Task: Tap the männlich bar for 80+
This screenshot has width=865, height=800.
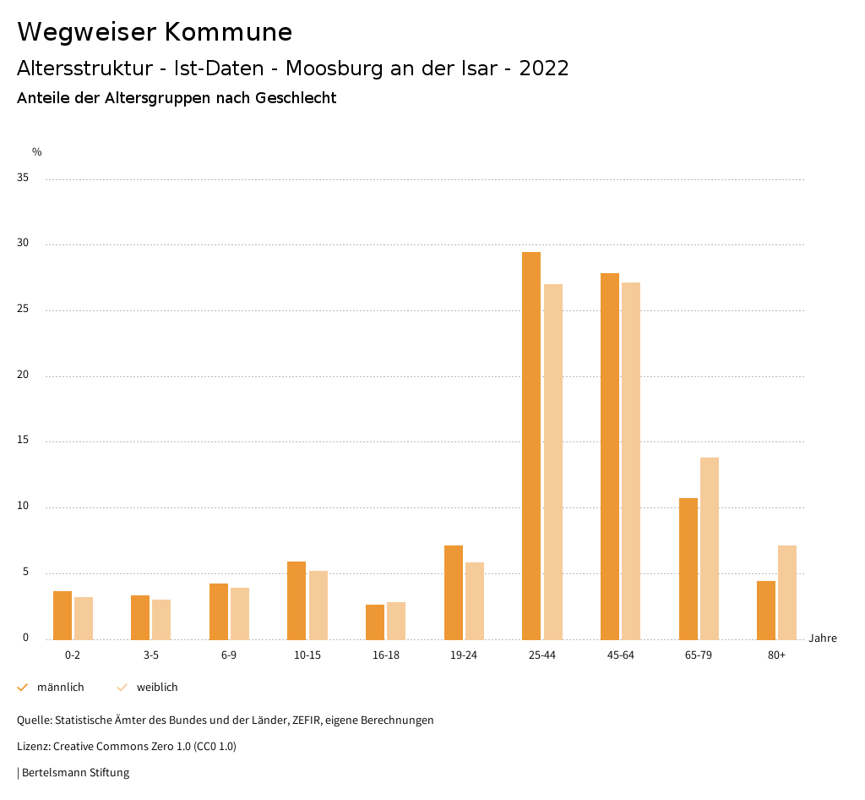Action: pos(766,610)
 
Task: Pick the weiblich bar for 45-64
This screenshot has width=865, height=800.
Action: pos(631,461)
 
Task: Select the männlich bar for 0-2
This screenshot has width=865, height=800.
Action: pos(63,615)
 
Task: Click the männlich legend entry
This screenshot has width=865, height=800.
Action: pos(60,688)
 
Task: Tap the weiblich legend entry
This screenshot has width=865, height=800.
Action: pos(157,688)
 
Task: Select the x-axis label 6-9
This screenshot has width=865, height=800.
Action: pos(229,655)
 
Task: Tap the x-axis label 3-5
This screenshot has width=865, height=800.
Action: pos(151,655)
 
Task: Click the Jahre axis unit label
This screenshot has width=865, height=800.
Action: pos(823,638)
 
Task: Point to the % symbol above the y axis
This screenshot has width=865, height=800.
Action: pos(37,152)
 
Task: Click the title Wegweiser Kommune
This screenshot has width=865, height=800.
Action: pos(155,32)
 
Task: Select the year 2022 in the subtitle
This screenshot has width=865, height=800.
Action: pos(544,68)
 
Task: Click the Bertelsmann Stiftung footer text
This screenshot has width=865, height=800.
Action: pos(75,773)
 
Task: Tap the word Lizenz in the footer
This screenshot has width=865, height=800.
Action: pos(33,747)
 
